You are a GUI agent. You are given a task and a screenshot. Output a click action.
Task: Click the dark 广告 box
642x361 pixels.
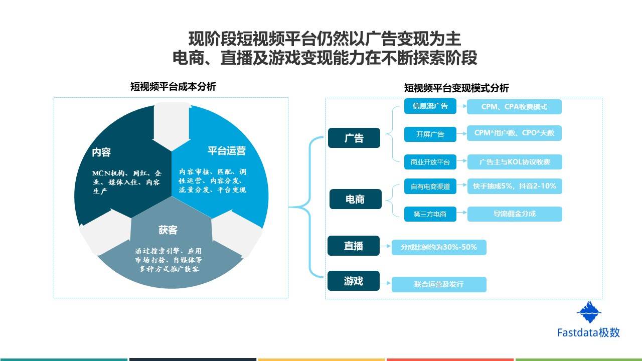[354, 138]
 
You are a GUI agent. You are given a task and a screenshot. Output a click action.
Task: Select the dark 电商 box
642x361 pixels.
[356, 199]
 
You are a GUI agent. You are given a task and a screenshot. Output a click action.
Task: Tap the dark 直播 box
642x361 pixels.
[354, 246]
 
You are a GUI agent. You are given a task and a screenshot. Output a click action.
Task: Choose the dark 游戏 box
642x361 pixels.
[354, 281]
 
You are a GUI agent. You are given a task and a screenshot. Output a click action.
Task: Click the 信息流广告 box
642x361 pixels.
[430, 106]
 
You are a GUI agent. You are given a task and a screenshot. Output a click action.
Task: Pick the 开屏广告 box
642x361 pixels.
[430, 134]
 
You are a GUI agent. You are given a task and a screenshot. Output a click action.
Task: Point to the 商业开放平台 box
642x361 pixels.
[430, 162]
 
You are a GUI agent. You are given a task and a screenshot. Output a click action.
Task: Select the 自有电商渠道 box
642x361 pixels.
[430, 186]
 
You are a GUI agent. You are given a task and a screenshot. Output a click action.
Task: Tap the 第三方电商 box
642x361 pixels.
[430, 214]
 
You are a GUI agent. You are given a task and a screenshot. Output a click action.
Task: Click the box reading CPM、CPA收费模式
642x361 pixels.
[514, 107]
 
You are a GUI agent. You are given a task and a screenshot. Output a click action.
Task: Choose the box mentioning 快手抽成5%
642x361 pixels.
[515, 186]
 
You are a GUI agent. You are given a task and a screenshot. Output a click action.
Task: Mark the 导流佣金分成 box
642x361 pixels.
[515, 214]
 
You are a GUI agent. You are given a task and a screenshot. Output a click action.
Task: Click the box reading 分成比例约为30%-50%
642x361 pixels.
[439, 247]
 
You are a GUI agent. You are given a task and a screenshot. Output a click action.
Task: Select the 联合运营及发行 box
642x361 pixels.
[439, 284]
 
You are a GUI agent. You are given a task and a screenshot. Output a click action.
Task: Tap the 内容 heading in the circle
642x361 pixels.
[101, 152]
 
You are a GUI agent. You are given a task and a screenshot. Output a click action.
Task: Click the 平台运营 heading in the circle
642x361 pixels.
[227, 151]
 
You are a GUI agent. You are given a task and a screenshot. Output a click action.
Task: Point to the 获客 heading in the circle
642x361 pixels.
[168, 230]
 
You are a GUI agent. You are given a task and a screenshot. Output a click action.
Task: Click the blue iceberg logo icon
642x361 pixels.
[589, 312]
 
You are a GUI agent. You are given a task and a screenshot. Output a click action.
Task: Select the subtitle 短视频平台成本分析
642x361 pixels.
[173, 87]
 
